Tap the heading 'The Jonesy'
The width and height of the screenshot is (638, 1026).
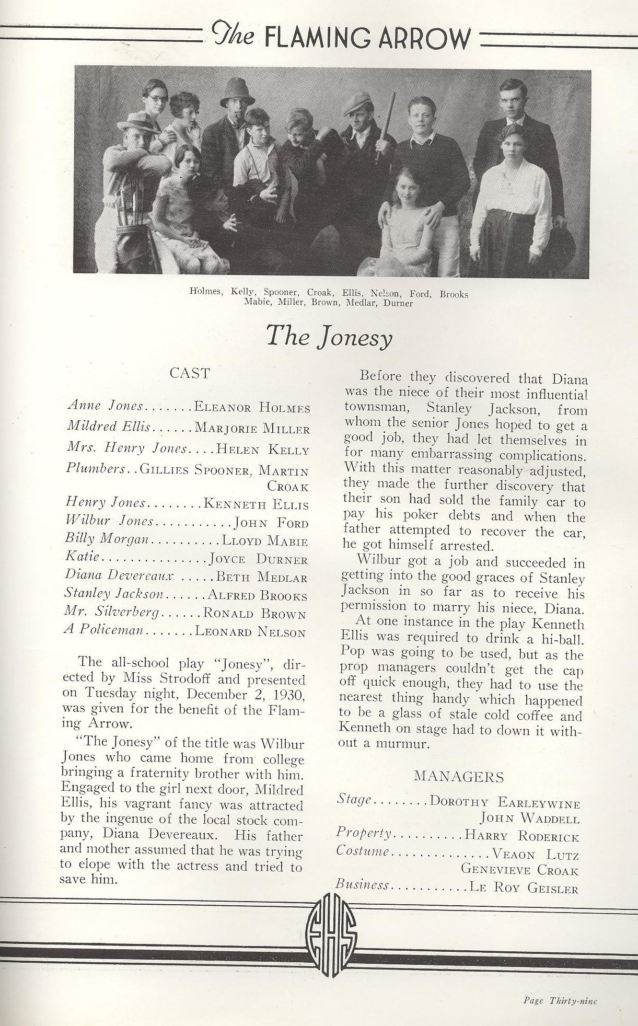[x=329, y=336]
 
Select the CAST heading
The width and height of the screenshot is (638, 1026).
[x=190, y=373]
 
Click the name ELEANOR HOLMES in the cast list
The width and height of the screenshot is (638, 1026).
[x=252, y=408]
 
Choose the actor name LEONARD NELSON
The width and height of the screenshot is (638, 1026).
[x=250, y=632]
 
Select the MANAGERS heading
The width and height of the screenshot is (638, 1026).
[x=459, y=777]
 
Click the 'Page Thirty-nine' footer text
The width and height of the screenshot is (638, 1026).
[x=560, y=1000]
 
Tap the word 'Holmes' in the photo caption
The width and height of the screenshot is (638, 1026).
[x=206, y=293]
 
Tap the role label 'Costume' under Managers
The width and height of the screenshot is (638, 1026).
[x=363, y=850]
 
